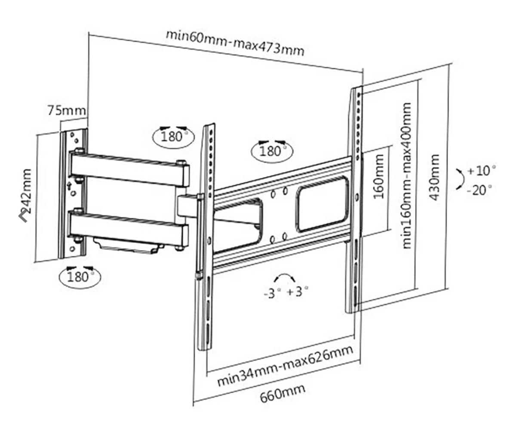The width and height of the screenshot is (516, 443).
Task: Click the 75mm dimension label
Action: [67, 110]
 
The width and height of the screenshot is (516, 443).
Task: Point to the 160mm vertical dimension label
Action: [379, 177]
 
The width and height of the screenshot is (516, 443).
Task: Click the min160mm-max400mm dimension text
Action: [406, 176]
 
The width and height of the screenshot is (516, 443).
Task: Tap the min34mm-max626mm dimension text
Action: [286, 366]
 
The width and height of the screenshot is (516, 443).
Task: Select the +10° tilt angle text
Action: [481, 171]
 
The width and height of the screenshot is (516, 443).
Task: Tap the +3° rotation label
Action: [297, 291]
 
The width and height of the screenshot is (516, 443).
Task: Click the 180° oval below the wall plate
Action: [80, 276]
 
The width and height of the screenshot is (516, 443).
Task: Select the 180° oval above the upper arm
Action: [173, 137]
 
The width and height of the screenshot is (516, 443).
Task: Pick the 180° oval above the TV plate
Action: [272, 151]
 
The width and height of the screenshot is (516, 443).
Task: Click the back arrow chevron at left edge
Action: [23, 215]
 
